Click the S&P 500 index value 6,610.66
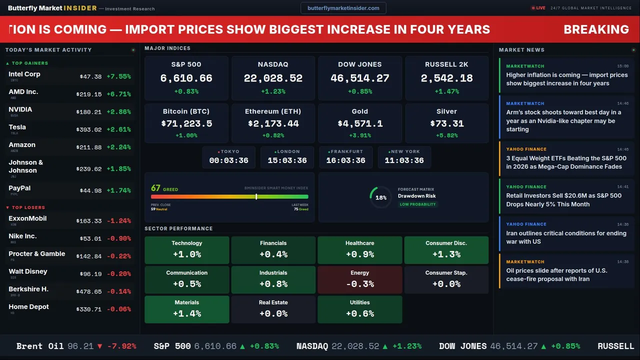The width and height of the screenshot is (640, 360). [x=186, y=78]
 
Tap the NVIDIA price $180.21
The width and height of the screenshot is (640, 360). [x=89, y=112]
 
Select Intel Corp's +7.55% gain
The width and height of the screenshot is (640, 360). [x=118, y=76]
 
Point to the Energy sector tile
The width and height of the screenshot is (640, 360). [x=359, y=279]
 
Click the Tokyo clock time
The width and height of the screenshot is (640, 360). [x=228, y=160]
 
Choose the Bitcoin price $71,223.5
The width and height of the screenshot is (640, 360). [x=186, y=123]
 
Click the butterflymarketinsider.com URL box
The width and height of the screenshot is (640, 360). [x=343, y=8]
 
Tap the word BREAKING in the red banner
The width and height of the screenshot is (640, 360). [x=596, y=29]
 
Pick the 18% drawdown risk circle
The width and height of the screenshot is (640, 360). [x=380, y=197]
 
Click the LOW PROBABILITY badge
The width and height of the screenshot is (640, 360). [x=417, y=204]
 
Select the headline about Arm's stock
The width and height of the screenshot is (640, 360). [x=563, y=121]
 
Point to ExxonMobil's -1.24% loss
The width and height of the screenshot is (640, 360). [x=118, y=221]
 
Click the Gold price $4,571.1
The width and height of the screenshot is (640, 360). [x=360, y=123]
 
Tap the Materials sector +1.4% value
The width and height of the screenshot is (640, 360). [x=186, y=313]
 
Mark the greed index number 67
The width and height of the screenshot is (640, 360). [x=155, y=188]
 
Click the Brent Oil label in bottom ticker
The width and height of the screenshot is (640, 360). [x=40, y=346]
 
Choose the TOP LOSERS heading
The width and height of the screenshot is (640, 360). [x=28, y=207]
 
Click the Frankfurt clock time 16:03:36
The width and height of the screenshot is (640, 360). [x=346, y=160]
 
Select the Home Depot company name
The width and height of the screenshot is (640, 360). [x=28, y=307]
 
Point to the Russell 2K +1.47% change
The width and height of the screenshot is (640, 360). [x=446, y=91]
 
